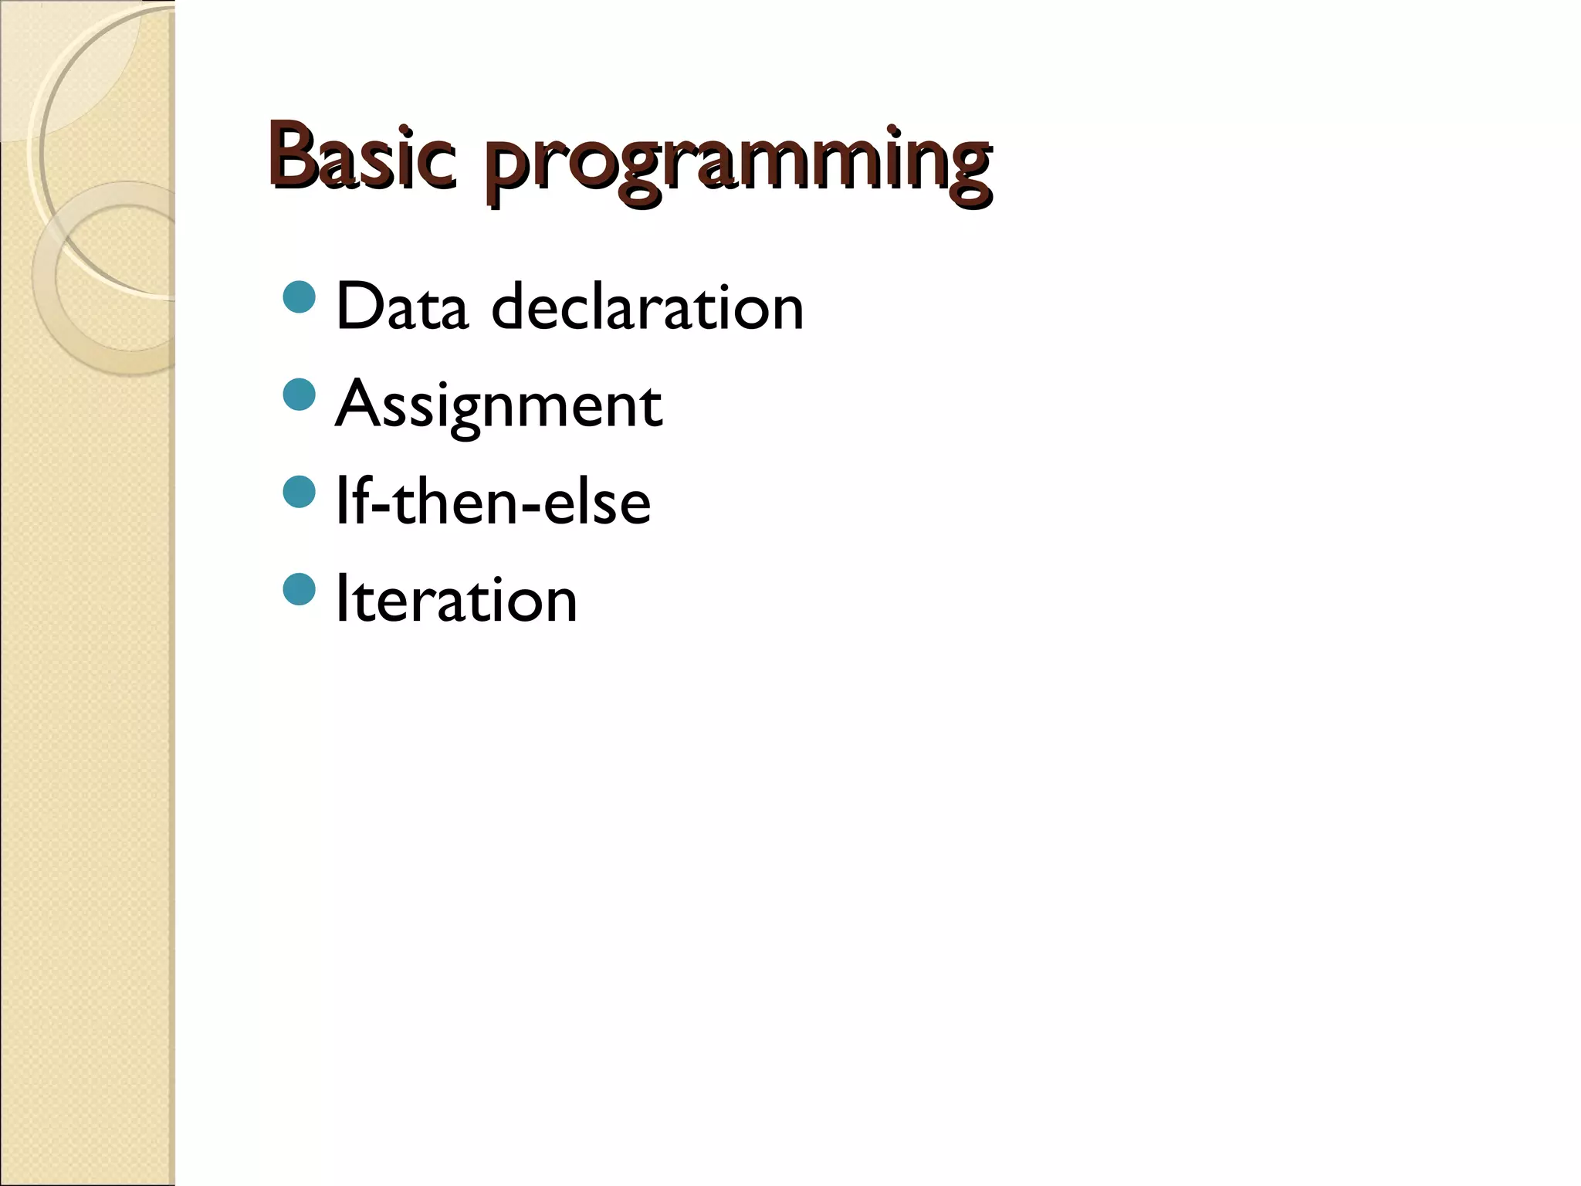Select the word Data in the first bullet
point(402,307)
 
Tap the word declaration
point(648,307)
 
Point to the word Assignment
point(499,405)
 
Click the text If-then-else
point(493,503)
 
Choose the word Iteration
point(456,600)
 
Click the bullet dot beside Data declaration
point(300,297)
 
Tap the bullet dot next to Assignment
point(300,395)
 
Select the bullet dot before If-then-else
point(300,492)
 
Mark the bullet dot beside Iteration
point(300,589)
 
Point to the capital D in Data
point(359,307)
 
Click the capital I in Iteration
point(341,600)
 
